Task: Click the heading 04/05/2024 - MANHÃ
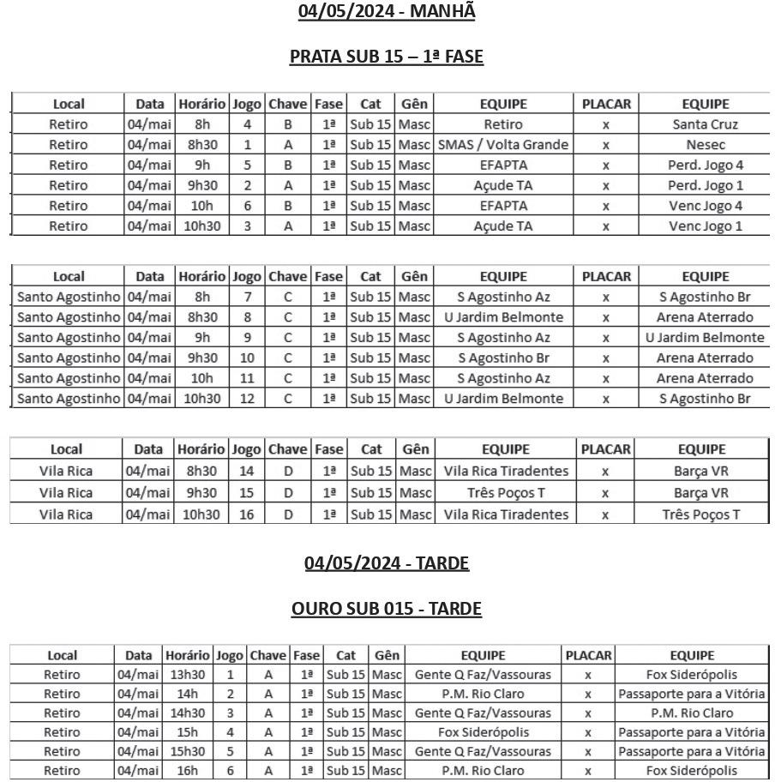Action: click(387, 11)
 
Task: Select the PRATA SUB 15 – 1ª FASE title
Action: click(387, 57)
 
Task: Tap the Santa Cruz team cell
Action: click(705, 124)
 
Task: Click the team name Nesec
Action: click(705, 145)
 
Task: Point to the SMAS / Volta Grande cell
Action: click(503, 145)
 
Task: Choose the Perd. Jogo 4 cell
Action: click(705, 165)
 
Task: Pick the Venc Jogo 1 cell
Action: click(705, 226)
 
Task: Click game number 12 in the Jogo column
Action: click(247, 399)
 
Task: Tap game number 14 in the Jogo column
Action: click(247, 471)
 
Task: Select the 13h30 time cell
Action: click(187, 675)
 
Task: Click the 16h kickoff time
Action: click(187, 771)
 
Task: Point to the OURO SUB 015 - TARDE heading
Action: click(387, 609)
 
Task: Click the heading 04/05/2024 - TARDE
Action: click(387, 563)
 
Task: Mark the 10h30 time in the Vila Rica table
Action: click(201, 514)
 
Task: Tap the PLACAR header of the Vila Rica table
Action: click(605, 449)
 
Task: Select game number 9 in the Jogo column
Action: click(247, 338)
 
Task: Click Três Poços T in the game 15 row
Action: click(505, 493)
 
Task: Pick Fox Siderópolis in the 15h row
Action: click(484, 732)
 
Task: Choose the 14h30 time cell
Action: click(187, 713)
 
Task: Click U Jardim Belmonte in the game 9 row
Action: click(705, 338)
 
